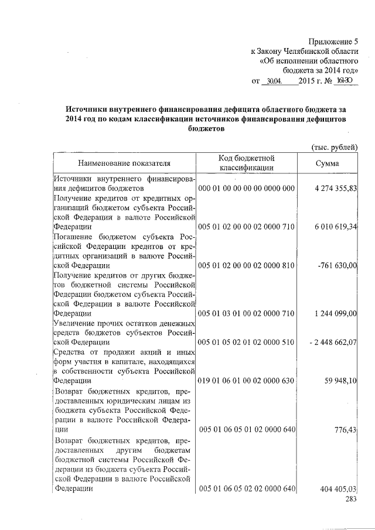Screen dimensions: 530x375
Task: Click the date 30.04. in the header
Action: [x=274, y=81]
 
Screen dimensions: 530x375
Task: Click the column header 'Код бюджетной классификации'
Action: [x=247, y=162]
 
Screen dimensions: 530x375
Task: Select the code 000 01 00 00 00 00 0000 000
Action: [x=246, y=188]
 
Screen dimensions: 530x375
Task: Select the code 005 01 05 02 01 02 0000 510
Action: [x=246, y=341]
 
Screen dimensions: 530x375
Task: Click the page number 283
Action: [x=351, y=499]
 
